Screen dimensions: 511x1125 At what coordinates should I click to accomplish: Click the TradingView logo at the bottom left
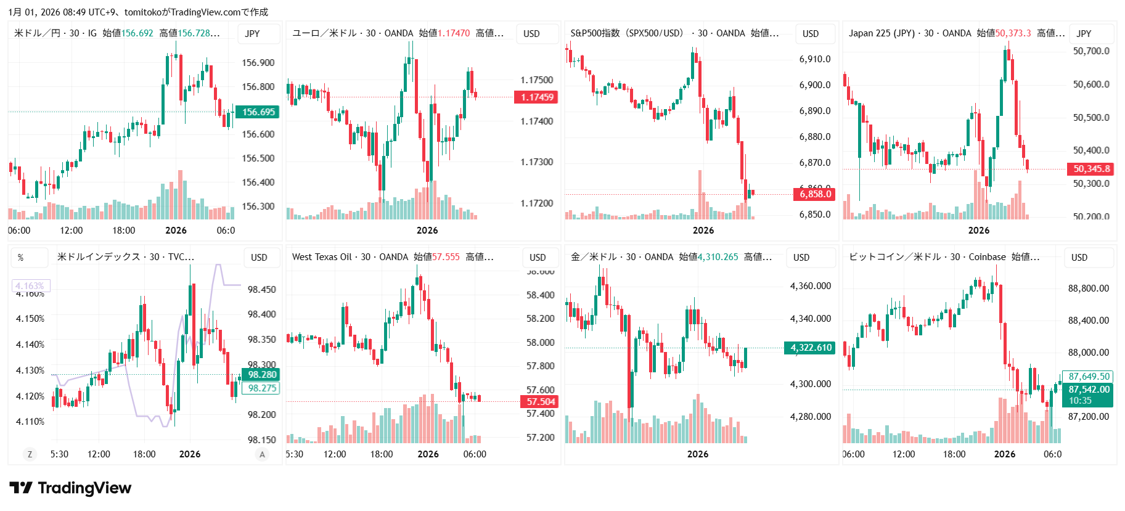[x=70, y=488]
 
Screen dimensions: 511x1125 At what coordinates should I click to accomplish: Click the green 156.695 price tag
[x=258, y=112]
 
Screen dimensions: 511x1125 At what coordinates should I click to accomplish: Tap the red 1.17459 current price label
[x=536, y=97]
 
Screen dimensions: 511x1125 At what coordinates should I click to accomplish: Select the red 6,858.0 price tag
[x=815, y=194]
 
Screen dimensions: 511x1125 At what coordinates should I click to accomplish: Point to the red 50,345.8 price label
[x=1091, y=169]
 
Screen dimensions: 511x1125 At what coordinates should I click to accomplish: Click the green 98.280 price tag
[x=261, y=375]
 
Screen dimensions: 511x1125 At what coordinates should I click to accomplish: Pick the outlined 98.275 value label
[x=261, y=388]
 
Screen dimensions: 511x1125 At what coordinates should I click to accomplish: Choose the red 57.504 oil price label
[x=540, y=402]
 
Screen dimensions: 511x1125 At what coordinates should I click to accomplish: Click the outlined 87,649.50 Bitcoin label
[x=1089, y=377]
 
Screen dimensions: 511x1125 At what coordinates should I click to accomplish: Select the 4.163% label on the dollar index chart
[x=30, y=286]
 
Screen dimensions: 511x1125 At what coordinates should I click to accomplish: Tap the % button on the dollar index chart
[x=21, y=258]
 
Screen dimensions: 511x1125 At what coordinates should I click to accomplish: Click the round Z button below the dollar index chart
[x=29, y=454]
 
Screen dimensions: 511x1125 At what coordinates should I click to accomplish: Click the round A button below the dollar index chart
[x=262, y=454]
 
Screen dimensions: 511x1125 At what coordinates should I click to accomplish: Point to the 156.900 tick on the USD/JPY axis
[x=258, y=63]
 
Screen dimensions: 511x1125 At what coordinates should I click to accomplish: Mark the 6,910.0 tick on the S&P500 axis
[x=815, y=59]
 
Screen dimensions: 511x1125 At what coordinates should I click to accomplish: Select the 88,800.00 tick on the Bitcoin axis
[x=1088, y=288]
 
